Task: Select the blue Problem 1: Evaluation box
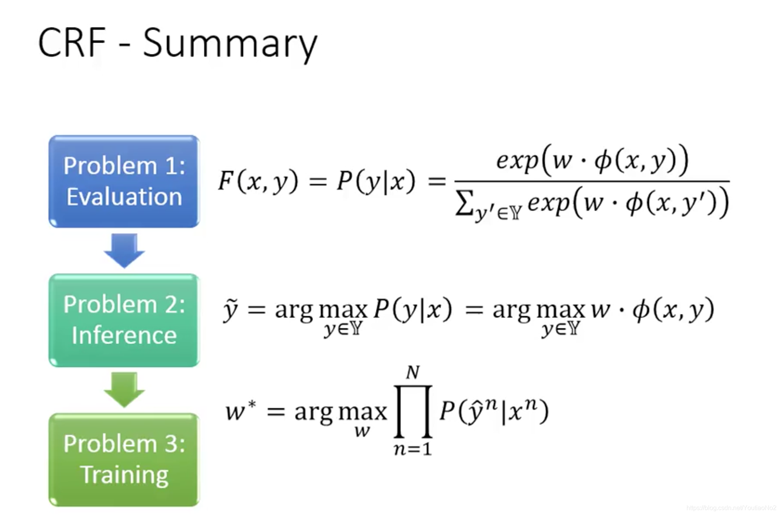(124, 181)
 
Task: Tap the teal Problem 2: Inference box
(124, 320)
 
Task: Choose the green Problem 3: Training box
(124, 459)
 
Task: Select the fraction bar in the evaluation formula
(592, 181)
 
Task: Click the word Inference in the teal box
(124, 335)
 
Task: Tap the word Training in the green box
(124, 475)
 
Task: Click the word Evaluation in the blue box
(124, 196)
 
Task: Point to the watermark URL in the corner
(731, 508)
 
